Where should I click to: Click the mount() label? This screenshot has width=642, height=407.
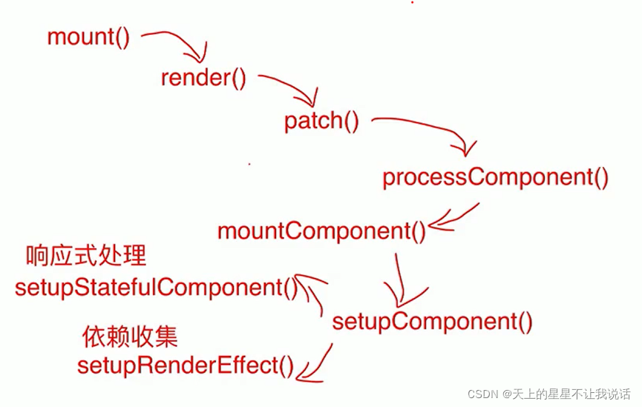88,37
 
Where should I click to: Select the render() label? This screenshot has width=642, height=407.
203,78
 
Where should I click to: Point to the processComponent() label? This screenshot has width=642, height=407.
495,178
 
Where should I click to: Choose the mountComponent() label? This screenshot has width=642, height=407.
321,231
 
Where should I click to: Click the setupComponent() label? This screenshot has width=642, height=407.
432,322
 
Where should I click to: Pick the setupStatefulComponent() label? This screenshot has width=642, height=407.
156,288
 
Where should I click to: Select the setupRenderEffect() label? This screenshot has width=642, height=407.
186,365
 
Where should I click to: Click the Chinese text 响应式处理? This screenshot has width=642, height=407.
86,257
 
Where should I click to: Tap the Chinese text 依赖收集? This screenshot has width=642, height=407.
130,337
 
